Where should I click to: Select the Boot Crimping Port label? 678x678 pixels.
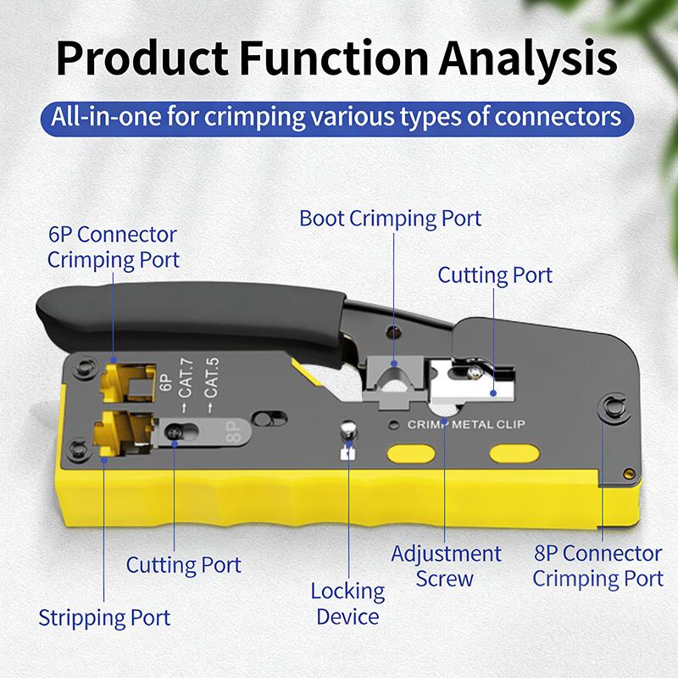390,219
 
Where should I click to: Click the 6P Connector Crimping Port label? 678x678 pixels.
113,247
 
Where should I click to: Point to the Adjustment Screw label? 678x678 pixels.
446,566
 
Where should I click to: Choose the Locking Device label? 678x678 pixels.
347,603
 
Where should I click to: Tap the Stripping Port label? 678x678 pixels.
104,618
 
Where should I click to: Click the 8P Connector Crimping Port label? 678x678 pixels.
597,566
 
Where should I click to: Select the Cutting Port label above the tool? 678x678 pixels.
495,275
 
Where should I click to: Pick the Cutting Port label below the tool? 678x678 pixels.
184,564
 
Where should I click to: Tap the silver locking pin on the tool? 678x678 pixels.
346,431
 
